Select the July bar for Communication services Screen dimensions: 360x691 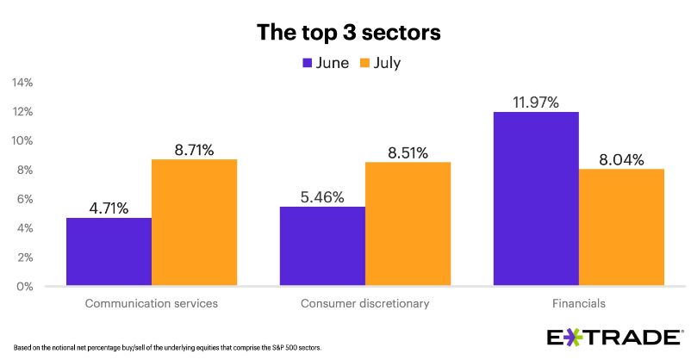pyautogui.click(x=194, y=222)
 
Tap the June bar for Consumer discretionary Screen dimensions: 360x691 pyautogui.click(x=322, y=246)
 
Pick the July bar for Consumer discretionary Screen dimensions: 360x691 pyautogui.click(x=408, y=224)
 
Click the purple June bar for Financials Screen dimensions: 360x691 pyautogui.click(x=535, y=199)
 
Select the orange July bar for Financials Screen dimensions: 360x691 pyautogui.click(x=621, y=227)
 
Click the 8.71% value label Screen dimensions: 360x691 pyautogui.click(x=194, y=150)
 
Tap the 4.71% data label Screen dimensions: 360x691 pyautogui.click(x=109, y=208)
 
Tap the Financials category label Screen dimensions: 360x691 pyautogui.click(x=578, y=304)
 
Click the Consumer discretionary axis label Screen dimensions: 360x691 pyautogui.click(x=364, y=304)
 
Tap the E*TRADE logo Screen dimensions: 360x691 pyautogui.click(x=616, y=337)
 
